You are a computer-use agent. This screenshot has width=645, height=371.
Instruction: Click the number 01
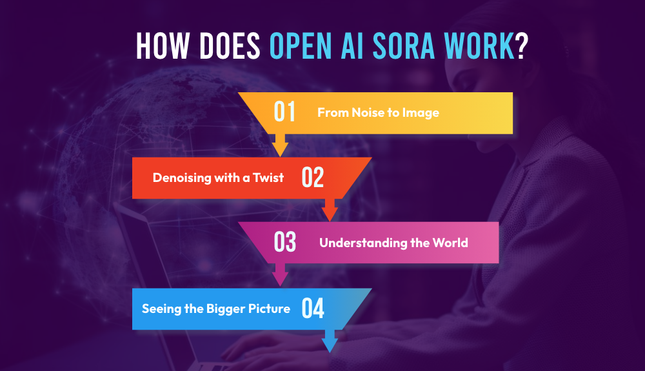(284, 112)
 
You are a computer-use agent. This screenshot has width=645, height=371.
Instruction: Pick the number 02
(313, 177)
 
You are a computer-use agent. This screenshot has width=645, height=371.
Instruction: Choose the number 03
(284, 243)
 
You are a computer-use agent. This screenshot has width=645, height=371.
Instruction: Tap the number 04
(313, 308)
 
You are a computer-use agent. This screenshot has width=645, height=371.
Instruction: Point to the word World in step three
(451, 243)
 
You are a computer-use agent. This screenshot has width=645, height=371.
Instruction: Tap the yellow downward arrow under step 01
(280, 145)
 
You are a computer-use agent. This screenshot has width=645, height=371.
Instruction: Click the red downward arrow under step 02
(330, 210)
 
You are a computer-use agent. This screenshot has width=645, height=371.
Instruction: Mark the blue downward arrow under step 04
(330, 341)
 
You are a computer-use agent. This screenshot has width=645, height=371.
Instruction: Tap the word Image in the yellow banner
(422, 112)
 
